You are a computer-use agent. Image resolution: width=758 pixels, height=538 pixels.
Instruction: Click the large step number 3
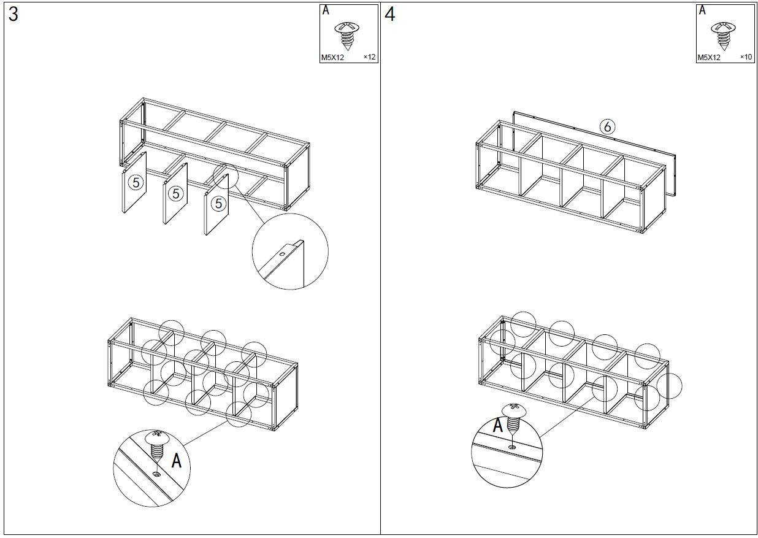pos(13,15)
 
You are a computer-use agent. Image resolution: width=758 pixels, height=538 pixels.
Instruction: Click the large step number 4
pos(390,15)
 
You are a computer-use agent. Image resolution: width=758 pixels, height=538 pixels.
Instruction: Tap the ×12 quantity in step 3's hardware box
pos(370,57)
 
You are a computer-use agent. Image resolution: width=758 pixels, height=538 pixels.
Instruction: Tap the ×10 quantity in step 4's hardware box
pos(746,57)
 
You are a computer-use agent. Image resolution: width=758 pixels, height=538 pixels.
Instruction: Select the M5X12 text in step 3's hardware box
pos(332,58)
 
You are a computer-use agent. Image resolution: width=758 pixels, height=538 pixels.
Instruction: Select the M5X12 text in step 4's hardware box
pos(709,58)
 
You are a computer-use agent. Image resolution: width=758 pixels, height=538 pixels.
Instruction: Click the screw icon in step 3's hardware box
pos(347,36)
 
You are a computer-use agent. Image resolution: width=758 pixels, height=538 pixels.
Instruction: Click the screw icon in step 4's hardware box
pos(723,36)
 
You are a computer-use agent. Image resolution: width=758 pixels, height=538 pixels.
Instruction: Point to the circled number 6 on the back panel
pos(607,127)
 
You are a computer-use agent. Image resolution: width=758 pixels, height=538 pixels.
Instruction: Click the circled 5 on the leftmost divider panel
pos(136,183)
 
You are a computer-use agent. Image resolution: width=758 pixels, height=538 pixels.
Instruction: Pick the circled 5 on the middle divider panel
pos(175,194)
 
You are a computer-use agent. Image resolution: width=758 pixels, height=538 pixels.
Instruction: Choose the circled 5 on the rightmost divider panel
pos(218,204)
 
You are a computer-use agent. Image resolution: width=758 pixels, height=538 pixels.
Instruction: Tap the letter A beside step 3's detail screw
pos(176,461)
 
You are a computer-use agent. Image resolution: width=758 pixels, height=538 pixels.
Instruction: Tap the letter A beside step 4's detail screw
pos(498,425)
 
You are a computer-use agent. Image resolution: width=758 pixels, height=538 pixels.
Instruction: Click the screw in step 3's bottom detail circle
pos(157,447)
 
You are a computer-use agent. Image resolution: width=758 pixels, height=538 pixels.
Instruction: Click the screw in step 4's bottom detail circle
pos(514,419)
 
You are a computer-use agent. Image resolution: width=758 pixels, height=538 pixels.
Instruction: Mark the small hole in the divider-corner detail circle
pos(282,254)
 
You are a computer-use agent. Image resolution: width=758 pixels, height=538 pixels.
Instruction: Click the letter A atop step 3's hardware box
pos(326,10)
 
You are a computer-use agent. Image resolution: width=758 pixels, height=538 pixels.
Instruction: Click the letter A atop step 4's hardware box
pos(702,10)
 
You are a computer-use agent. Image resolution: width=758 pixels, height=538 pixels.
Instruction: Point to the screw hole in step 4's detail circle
pos(512,447)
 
